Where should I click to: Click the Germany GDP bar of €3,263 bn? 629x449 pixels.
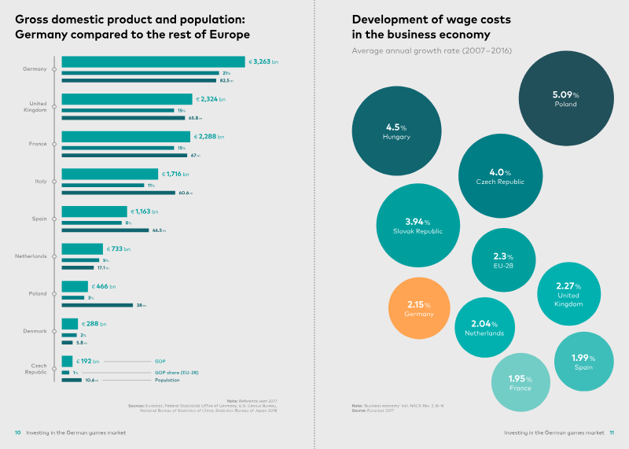pyautogui.click(x=153, y=61)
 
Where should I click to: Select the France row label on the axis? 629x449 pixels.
pyautogui.click(x=38, y=144)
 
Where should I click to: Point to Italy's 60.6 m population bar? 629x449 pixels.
pyautogui.click(x=118, y=193)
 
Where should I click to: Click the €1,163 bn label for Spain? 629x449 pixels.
pyautogui.click(x=144, y=212)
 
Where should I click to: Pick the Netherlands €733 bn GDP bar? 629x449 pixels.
pyautogui.click(x=82, y=248)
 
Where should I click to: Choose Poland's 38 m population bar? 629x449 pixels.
pyautogui.click(x=97, y=305)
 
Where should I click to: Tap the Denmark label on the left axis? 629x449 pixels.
pyautogui.click(x=36, y=331)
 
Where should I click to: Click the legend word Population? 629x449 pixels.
pyautogui.click(x=167, y=381)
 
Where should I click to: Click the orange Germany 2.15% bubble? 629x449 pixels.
pyautogui.click(x=419, y=308)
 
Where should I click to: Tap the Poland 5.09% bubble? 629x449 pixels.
pyautogui.click(x=565, y=99)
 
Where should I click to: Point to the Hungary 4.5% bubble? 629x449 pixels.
pyautogui.click(x=396, y=131)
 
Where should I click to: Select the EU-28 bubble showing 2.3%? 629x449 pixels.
pyautogui.click(x=503, y=260)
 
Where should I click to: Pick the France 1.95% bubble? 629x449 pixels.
pyautogui.click(x=520, y=383)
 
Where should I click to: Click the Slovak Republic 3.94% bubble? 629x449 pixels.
pyautogui.click(x=417, y=226)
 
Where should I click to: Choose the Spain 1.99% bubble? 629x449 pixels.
pyautogui.click(x=583, y=362)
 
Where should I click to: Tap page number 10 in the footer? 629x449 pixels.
pyautogui.click(x=17, y=432)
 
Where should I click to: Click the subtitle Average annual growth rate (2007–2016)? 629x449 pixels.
pyautogui.click(x=421, y=51)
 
